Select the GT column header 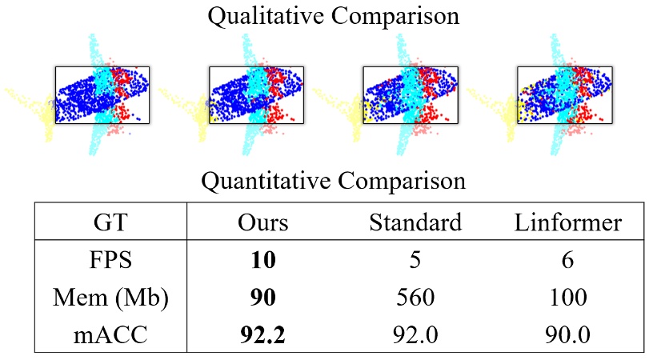[x=110, y=223]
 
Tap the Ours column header [x=263, y=223]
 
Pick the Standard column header [x=415, y=223]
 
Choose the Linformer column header [x=568, y=223]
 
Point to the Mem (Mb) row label [x=110, y=298]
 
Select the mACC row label [x=110, y=333]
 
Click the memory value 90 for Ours [x=263, y=298]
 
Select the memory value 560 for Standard [x=415, y=298]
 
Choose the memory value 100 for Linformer [x=568, y=298]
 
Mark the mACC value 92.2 [x=263, y=333]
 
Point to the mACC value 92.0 [x=415, y=333]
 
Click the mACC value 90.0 [x=568, y=333]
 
